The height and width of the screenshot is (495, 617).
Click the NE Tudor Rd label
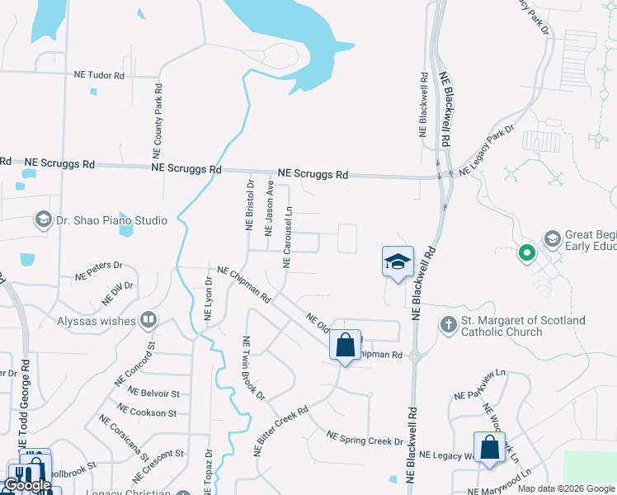99,75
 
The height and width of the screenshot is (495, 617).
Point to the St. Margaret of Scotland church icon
448,325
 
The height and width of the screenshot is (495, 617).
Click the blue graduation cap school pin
398,262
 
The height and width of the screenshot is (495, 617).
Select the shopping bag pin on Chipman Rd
346,344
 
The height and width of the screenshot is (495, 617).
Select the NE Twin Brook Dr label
252,368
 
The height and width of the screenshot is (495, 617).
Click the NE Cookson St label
147,411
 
